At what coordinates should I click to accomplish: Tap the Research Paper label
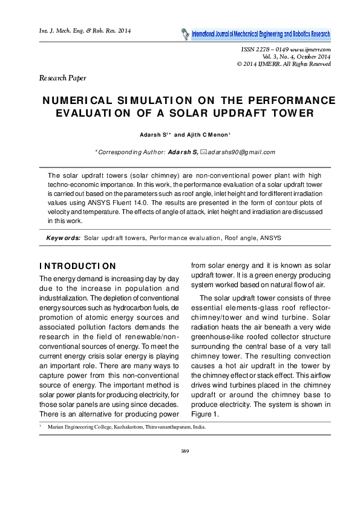click(62, 78)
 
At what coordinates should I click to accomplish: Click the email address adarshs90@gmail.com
click(241, 152)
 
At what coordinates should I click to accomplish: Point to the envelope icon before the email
click(203, 152)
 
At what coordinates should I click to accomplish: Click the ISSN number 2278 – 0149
click(264, 49)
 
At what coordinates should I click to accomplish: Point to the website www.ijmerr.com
click(309, 49)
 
